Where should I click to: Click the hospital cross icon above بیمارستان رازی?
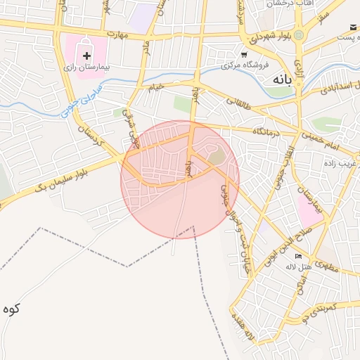pyautogui.click(x=86, y=55)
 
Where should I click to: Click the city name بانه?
pyautogui.click(x=279, y=80)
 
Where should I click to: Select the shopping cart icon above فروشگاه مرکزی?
pyautogui.click(x=243, y=54)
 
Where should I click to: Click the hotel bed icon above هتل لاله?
pyautogui.click(x=298, y=256)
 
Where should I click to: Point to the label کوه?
pyautogui.click(x=11, y=309)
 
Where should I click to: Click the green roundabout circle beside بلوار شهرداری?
pyautogui.click(x=299, y=34)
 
